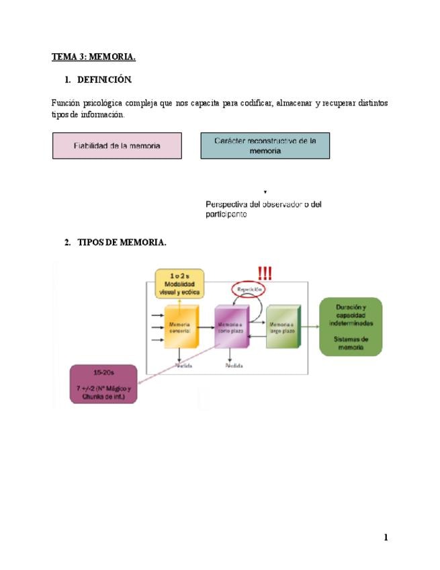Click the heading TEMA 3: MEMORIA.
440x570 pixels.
pyautogui.click(x=93, y=57)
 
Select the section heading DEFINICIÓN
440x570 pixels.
pyautogui.click(x=105, y=80)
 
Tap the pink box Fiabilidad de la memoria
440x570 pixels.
pyautogui.click(x=117, y=146)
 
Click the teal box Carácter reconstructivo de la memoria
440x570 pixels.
pyautogui.click(x=265, y=146)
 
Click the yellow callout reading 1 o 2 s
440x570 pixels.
pyautogui.click(x=179, y=284)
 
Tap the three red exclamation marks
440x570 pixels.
pyautogui.click(x=265, y=273)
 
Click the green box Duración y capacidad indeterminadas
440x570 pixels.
pyautogui.click(x=351, y=327)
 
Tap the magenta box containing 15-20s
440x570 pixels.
pyautogui.click(x=104, y=384)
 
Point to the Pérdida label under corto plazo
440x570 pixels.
pyautogui.click(x=234, y=366)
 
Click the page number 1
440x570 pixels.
pyautogui.click(x=386, y=537)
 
